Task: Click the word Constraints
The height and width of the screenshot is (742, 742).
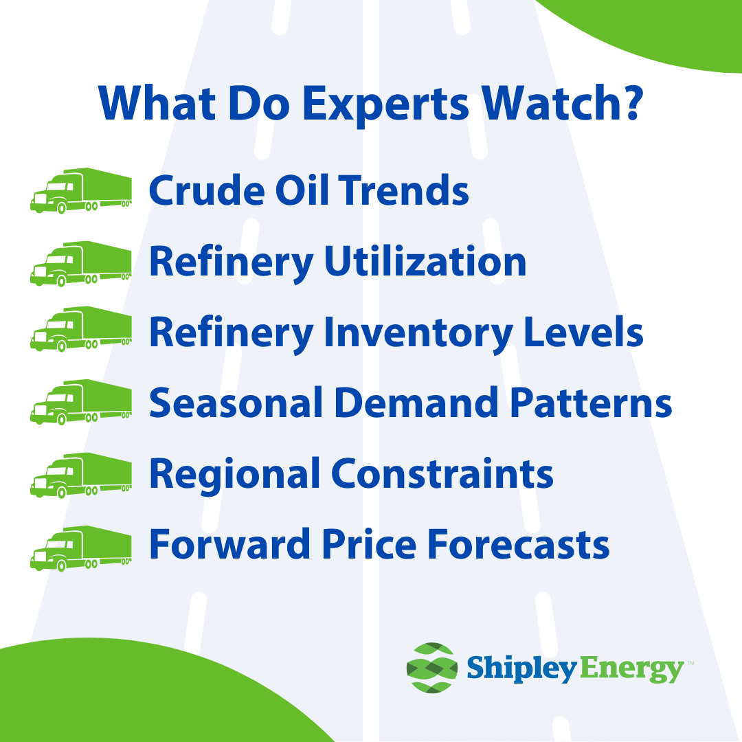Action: coord(442,473)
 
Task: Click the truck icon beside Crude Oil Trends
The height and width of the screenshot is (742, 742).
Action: coord(81,190)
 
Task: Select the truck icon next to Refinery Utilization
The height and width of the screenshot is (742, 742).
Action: coord(81,263)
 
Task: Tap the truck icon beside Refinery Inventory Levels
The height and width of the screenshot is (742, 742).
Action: coord(81,329)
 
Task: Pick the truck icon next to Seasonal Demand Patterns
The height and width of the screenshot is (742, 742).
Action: coord(81,402)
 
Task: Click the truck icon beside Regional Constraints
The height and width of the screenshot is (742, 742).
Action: coord(81,475)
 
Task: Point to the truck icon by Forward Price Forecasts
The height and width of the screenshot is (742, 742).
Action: coord(81,548)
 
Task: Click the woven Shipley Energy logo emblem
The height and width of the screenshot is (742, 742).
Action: coord(431,667)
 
